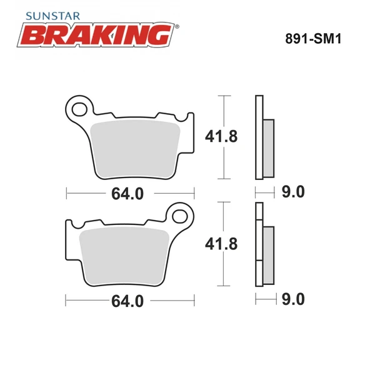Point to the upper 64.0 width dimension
coord(127,194)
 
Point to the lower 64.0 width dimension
coord(127,301)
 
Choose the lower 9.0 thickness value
coord(294,301)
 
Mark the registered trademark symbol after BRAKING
coord(177,27)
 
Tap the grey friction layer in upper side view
coord(268,147)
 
